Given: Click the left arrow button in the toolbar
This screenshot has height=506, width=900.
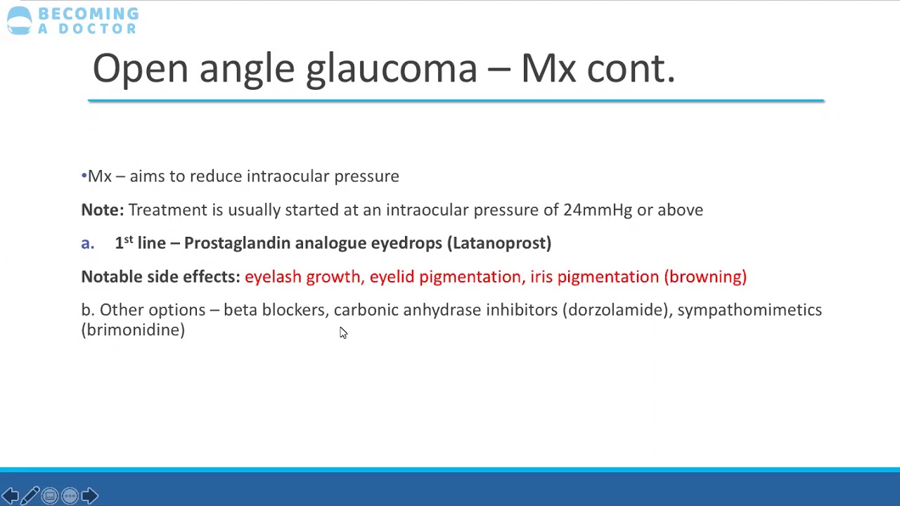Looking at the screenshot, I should click(x=10, y=496).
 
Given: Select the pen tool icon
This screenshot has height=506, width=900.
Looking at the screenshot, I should click(x=30, y=496).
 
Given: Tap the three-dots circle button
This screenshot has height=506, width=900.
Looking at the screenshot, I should click(x=70, y=496).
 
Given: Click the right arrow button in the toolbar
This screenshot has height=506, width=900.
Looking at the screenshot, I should click(x=89, y=496).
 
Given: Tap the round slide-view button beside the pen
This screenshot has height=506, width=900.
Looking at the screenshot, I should click(x=50, y=496).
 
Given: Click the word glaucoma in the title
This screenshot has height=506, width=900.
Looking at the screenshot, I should click(x=391, y=70).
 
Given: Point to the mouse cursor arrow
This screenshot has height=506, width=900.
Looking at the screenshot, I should click(x=342, y=332).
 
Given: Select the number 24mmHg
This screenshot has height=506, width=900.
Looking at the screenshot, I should click(x=597, y=210).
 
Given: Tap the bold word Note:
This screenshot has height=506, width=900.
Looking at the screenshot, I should click(x=102, y=210).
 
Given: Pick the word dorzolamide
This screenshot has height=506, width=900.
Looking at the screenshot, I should click(x=616, y=310).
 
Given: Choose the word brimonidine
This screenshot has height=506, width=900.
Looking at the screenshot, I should click(x=133, y=330).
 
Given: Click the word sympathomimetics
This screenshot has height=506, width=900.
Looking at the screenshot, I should click(x=750, y=310).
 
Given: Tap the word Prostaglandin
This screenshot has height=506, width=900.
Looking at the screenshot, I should click(x=237, y=243).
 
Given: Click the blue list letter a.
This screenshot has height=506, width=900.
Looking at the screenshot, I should click(x=86, y=244).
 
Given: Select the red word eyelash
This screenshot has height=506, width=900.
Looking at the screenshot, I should click(x=272, y=277).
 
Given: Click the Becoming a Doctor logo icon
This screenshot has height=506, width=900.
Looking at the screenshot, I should click(x=19, y=20).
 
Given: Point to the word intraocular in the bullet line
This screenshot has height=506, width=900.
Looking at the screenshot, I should click(x=288, y=176).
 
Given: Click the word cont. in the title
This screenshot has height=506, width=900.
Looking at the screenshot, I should click(x=631, y=70).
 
